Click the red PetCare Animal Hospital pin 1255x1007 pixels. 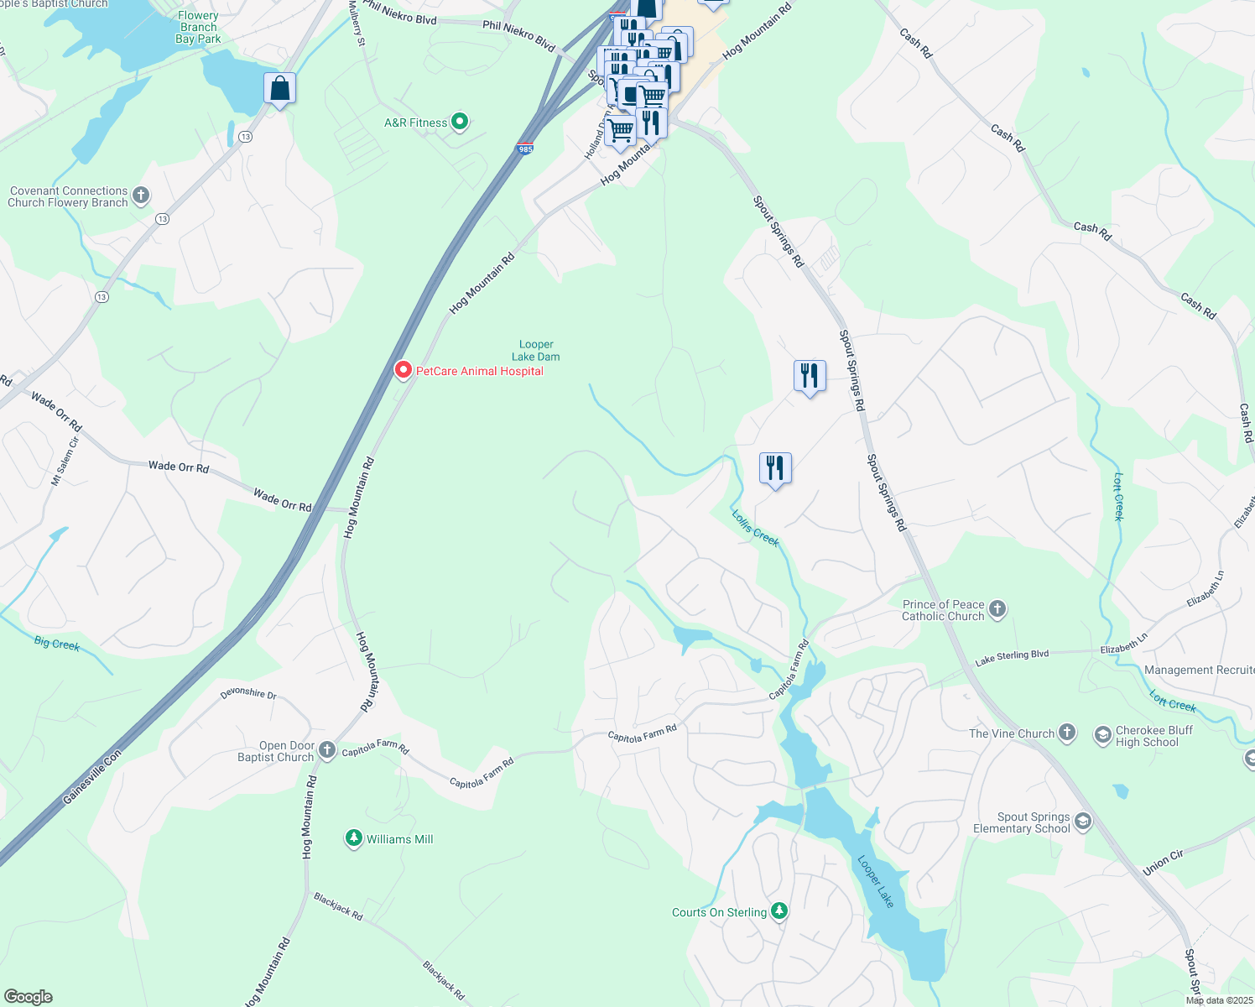click(x=403, y=370)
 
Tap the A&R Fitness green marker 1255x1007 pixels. click(x=460, y=122)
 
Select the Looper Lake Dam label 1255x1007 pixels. click(x=536, y=351)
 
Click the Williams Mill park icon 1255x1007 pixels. click(x=354, y=838)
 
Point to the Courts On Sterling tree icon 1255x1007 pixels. click(x=779, y=911)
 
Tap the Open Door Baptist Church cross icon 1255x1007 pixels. click(x=327, y=750)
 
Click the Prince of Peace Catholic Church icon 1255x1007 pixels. click(x=997, y=609)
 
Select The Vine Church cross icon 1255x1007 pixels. click(x=1067, y=733)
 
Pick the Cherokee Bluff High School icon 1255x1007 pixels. click(x=1102, y=736)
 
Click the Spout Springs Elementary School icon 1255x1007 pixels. click(x=1083, y=822)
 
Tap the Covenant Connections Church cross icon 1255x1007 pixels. click(x=141, y=196)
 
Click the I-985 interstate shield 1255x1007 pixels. click(x=525, y=149)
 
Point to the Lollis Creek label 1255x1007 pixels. click(x=756, y=528)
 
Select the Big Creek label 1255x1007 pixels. click(x=57, y=644)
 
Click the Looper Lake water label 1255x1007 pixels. click(x=876, y=881)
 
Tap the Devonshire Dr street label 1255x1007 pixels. click(x=248, y=694)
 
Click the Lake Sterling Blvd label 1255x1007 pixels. click(x=1012, y=658)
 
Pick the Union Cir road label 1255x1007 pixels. click(x=1163, y=863)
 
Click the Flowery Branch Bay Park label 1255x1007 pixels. click(x=199, y=27)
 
